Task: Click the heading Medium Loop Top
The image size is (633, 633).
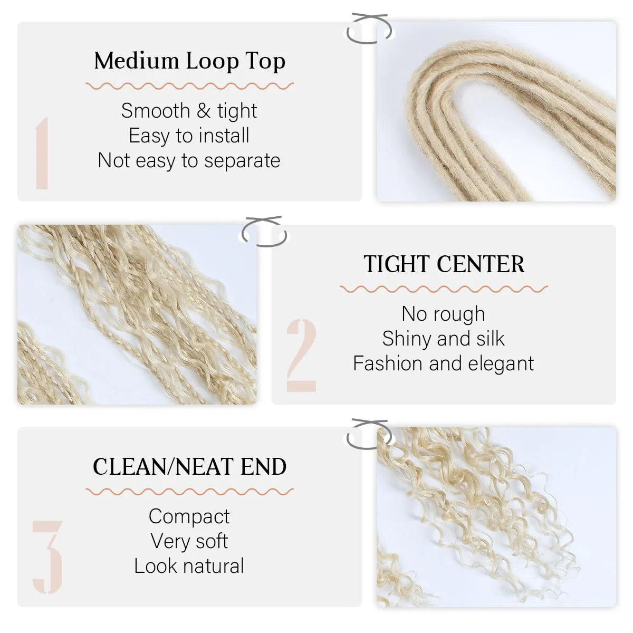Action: click(190, 61)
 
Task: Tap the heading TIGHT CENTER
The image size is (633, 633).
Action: click(444, 264)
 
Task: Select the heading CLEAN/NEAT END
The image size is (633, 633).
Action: click(190, 467)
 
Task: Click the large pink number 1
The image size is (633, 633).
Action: click(42, 154)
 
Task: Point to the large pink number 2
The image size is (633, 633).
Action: click(301, 356)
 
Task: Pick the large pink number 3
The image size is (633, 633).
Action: click(47, 557)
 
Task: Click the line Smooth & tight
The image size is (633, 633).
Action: click(189, 111)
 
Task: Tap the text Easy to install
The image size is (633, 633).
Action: click(189, 136)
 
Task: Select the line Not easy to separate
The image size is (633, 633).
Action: click(189, 160)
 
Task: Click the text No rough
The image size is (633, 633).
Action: click(443, 314)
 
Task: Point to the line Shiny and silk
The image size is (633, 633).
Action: click(443, 339)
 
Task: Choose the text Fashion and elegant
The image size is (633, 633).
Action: click(443, 363)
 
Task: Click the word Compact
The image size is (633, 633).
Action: click(189, 516)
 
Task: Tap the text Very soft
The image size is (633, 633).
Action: click(189, 541)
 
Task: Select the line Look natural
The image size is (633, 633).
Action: click(189, 566)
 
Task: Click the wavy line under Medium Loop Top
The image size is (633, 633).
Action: click(190, 86)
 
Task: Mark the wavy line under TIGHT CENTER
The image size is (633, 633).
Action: click(444, 289)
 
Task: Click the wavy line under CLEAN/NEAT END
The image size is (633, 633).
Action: click(190, 492)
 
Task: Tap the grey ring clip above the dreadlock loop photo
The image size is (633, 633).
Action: click(369, 29)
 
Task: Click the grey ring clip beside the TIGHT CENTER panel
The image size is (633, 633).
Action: click(264, 232)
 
